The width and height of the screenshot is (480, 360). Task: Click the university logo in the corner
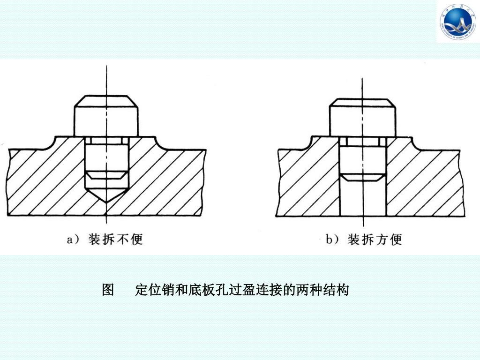457,22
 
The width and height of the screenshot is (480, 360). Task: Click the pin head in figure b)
361,117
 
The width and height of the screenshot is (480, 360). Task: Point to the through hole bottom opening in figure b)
362,214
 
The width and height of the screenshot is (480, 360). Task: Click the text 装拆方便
375,240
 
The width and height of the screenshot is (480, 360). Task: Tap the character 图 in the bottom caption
108,290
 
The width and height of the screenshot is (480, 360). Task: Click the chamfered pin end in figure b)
362,177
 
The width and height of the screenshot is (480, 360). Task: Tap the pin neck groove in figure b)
362,141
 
